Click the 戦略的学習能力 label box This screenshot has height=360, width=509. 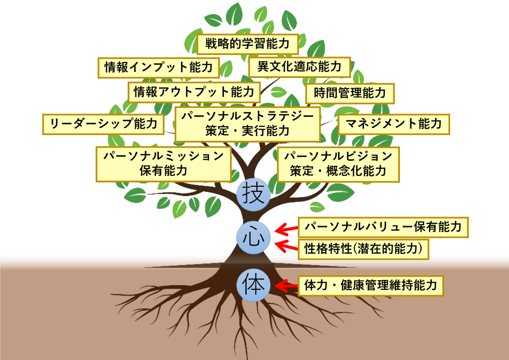(x=248, y=44)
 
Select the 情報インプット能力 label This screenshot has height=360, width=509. (x=159, y=68)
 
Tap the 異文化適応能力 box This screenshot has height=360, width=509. (x=299, y=67)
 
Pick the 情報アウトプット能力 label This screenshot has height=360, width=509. (x=194, y=92)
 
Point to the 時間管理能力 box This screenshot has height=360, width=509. (x=350, y=93)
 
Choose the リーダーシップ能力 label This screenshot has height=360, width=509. (x=103, y=124)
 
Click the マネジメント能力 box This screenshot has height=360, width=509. (x=393, y=124)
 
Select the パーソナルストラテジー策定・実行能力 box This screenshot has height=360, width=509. (x=248, y=124)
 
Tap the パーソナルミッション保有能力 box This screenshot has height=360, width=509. (x=163, y=163)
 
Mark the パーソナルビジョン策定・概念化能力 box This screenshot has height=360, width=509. (x=338, y=164)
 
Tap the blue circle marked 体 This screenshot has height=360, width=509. (x=254, y=285)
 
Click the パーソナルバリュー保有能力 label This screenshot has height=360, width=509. (x=383, y=227)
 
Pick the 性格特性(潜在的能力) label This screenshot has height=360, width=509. (x=363, y=249)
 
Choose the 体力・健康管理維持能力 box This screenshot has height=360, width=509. (x=371, y=285)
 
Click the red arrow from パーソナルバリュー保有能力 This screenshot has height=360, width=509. (x=287, y=228)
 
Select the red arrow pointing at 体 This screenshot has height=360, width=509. (x=287, y=285)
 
